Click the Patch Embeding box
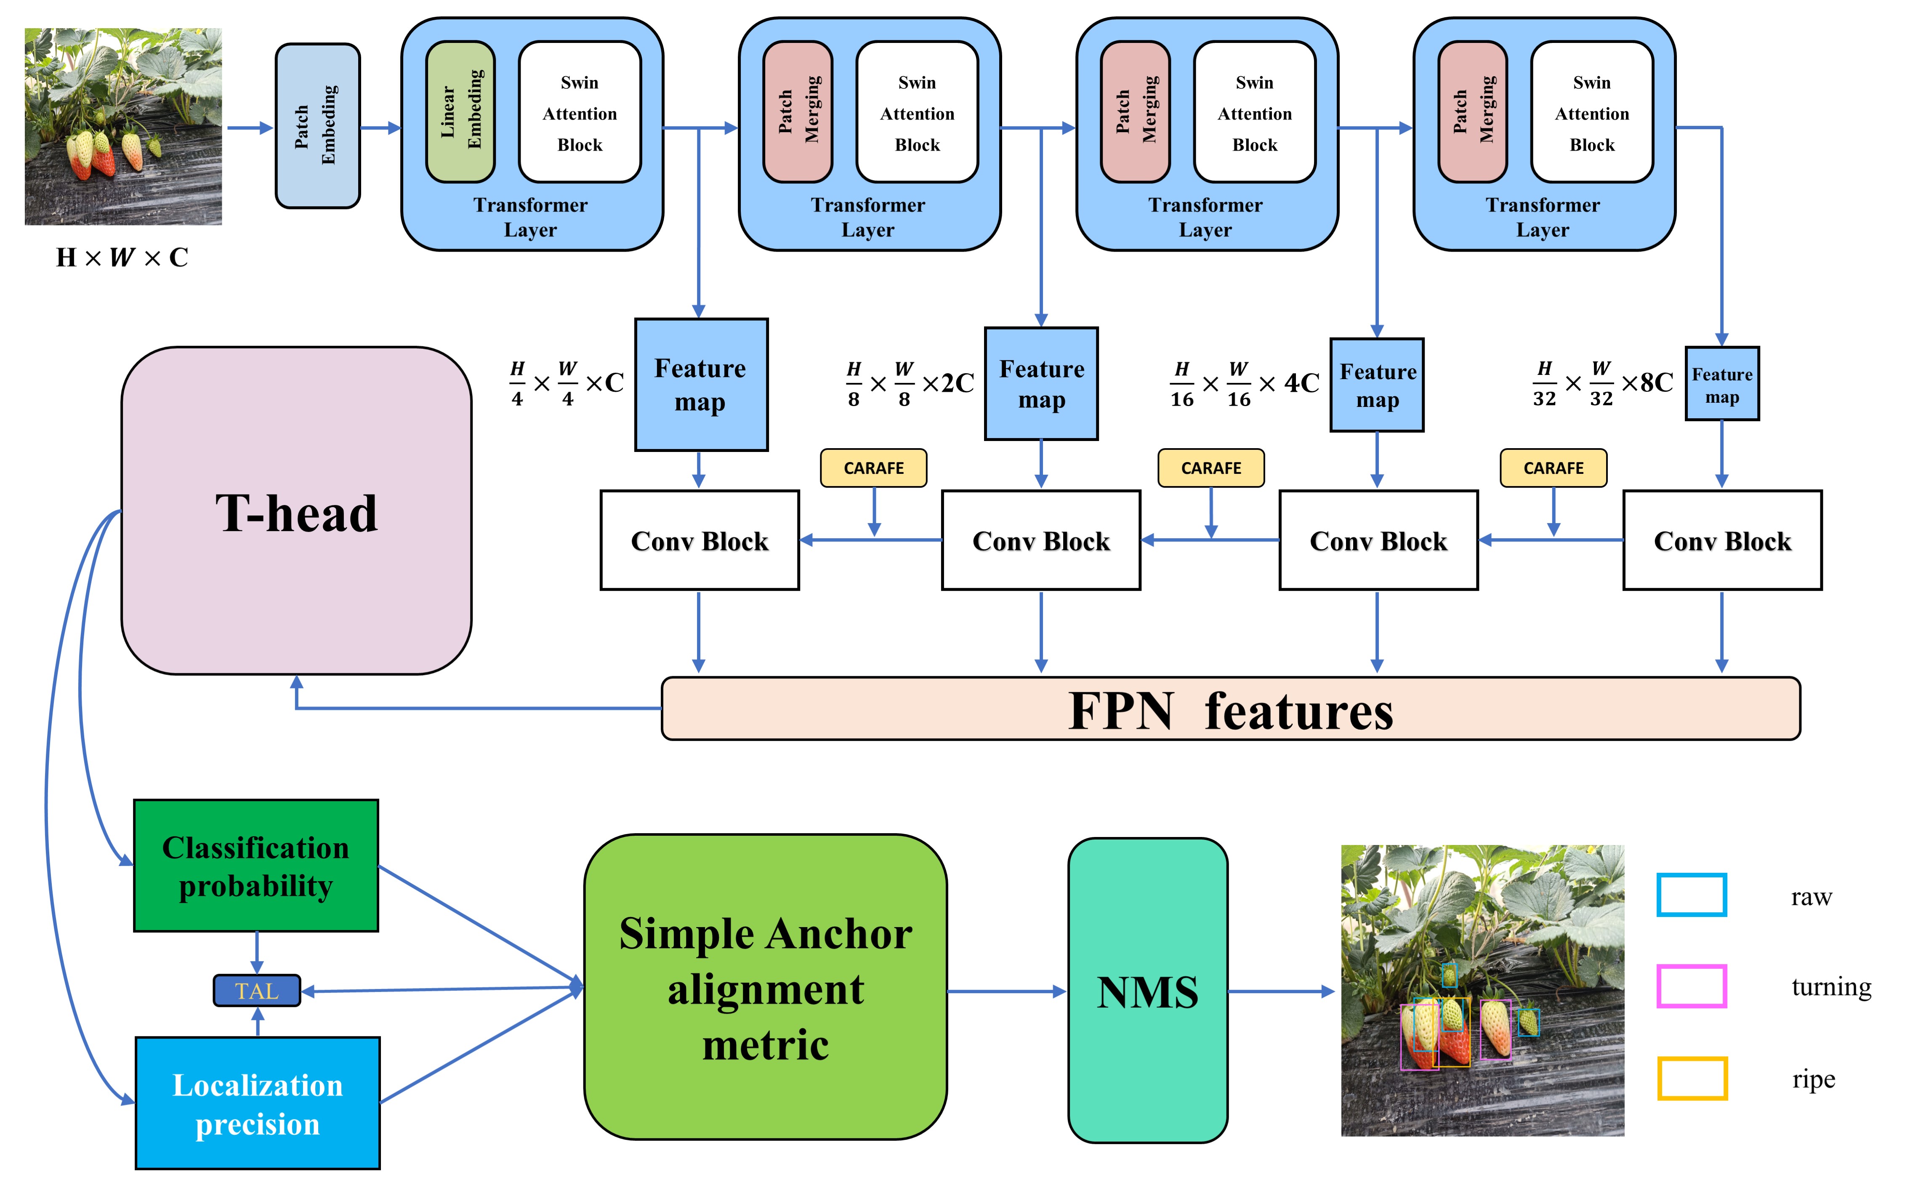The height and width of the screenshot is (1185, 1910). click(317, 125)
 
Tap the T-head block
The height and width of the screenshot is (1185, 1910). click(296, 511)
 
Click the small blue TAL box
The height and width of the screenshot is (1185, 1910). click(256, 991)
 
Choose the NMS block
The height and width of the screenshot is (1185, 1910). click(1147, 991)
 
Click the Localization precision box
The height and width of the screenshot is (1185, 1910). click(257, 1103)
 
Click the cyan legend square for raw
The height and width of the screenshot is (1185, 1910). click(1691, 895)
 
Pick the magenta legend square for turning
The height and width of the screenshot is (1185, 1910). click(1691, 986)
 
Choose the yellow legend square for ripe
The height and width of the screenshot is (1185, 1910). click(1691, 1079)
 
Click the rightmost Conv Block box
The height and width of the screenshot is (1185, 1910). click(1722, 541)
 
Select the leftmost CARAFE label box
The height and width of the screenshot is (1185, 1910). click(873, 468)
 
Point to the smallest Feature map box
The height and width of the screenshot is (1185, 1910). click(1722, 384)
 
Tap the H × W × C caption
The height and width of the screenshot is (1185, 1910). click(122, 257)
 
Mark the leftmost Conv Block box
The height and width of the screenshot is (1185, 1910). click(699, 541)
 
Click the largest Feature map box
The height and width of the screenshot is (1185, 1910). click(701, 385)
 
